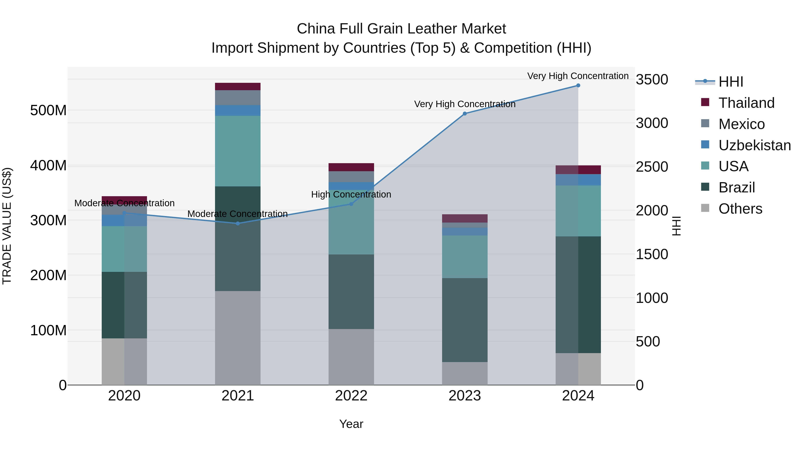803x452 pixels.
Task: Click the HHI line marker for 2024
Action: coord(578,85)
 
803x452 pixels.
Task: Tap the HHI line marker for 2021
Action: coord(238,223)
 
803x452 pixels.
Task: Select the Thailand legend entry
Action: coord(746,103)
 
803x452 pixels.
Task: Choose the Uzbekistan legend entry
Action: coord(754,145)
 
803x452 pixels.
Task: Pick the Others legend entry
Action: coord(740,209)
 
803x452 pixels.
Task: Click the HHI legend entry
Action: coord(731,82)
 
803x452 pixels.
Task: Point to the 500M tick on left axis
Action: coord(48,110)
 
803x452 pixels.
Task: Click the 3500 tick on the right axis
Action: coord(652,79)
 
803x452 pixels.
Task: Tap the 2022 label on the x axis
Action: coord(351,396)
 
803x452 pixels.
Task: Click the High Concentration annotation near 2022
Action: coord(351,194)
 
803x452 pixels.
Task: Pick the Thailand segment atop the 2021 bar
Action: coord(238,86)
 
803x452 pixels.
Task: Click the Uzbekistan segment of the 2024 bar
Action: coord(578,180)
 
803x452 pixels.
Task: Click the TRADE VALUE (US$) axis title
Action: coord(7,226)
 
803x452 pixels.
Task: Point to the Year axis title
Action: coord(351,424)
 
